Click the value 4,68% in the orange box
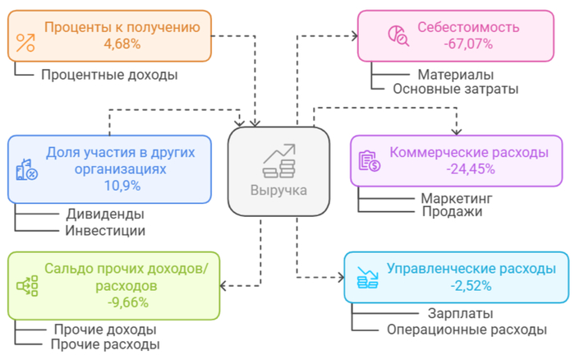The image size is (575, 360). point(122,43)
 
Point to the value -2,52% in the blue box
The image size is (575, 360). point(471,285)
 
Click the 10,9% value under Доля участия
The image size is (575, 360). point(122,186)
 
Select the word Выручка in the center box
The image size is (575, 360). point(279,190)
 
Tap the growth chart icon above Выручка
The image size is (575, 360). point(279,160)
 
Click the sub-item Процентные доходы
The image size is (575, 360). point(109,75)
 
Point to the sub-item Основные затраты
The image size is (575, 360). point(455,89)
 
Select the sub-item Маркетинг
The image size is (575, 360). point(456,198)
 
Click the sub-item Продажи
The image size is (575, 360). point(451,212)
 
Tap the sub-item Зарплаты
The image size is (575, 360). point(460,314)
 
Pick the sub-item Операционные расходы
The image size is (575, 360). point(466,329)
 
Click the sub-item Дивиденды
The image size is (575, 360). point(105,215)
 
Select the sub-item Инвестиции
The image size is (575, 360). point(105,230)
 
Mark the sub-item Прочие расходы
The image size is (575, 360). point(105,344)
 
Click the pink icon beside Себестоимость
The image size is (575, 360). point(398,35)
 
